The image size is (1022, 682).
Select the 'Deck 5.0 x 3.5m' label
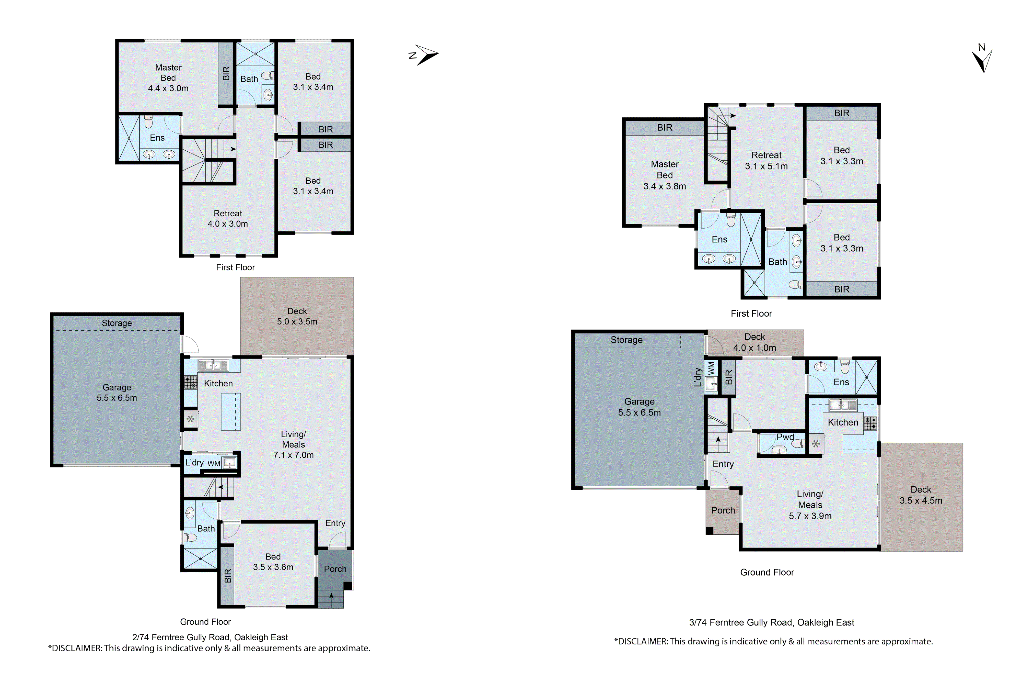[297, 316]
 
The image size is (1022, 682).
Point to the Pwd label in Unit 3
[785, 437]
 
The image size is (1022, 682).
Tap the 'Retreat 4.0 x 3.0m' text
[228, 218]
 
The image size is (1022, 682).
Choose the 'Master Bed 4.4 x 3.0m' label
[168, 78]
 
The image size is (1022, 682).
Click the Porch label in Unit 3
[723, 510]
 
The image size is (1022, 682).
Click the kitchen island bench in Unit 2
[231, 411]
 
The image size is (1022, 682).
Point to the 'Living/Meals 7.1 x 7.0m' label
[293, 444]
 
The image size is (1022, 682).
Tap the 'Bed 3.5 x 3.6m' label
[273, 562]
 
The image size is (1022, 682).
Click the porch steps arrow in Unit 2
[331, 597]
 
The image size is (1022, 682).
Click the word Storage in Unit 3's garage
[626, 340]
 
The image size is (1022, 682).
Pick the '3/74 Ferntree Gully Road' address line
[771, 622]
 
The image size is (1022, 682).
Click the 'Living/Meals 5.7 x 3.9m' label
[810, 505]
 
